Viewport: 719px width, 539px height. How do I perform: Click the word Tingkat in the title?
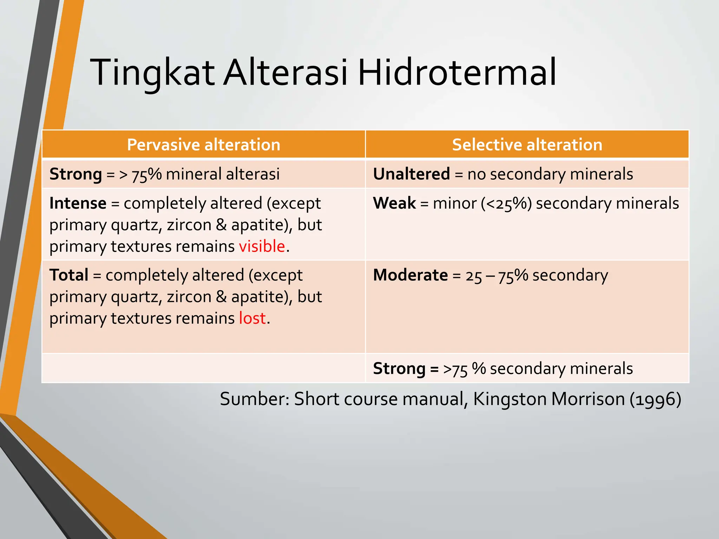[x=152, y=73]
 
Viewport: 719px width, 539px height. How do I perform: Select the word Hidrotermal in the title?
[x=457, y=73]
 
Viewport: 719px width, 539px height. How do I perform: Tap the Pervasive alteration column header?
[x=203, y=145]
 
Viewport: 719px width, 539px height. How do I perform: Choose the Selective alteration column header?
[x=527, y=145]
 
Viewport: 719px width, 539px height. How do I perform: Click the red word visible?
[x=262, y=246]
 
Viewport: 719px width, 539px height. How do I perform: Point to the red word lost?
[x=252, y=318]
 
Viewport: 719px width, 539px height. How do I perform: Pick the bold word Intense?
[x=78, y=203]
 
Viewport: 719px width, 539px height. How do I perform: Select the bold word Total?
[x=69, y=275]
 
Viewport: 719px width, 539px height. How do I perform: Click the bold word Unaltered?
[x=411, y=174]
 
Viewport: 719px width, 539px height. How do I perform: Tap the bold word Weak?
[x=394, y=203]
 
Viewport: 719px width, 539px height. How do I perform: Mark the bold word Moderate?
[x=410, y=275]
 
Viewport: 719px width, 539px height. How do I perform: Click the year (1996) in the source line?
[x=655, y=399]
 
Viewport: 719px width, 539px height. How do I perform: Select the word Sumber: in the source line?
[x=255, y=399]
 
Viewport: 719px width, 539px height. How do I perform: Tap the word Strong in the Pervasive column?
[x=75, y=174]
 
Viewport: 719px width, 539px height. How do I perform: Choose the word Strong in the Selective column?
[x=399, y=368]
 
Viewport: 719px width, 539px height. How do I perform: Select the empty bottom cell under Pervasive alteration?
[x=203, y=368]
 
